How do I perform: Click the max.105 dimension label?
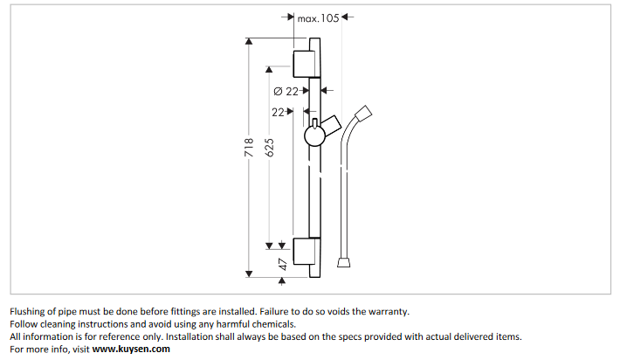[x=318, y=17]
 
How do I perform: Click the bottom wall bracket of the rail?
[x=304, y=252]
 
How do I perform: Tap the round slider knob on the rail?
[x=314, y=137]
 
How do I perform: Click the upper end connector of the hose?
[x=368, y=112]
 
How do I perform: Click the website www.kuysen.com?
[x=131, y=350]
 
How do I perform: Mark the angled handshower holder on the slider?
[x=330, y=123]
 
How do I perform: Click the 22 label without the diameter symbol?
[x=279, y=112]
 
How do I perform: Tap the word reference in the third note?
[x=140, y=336]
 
